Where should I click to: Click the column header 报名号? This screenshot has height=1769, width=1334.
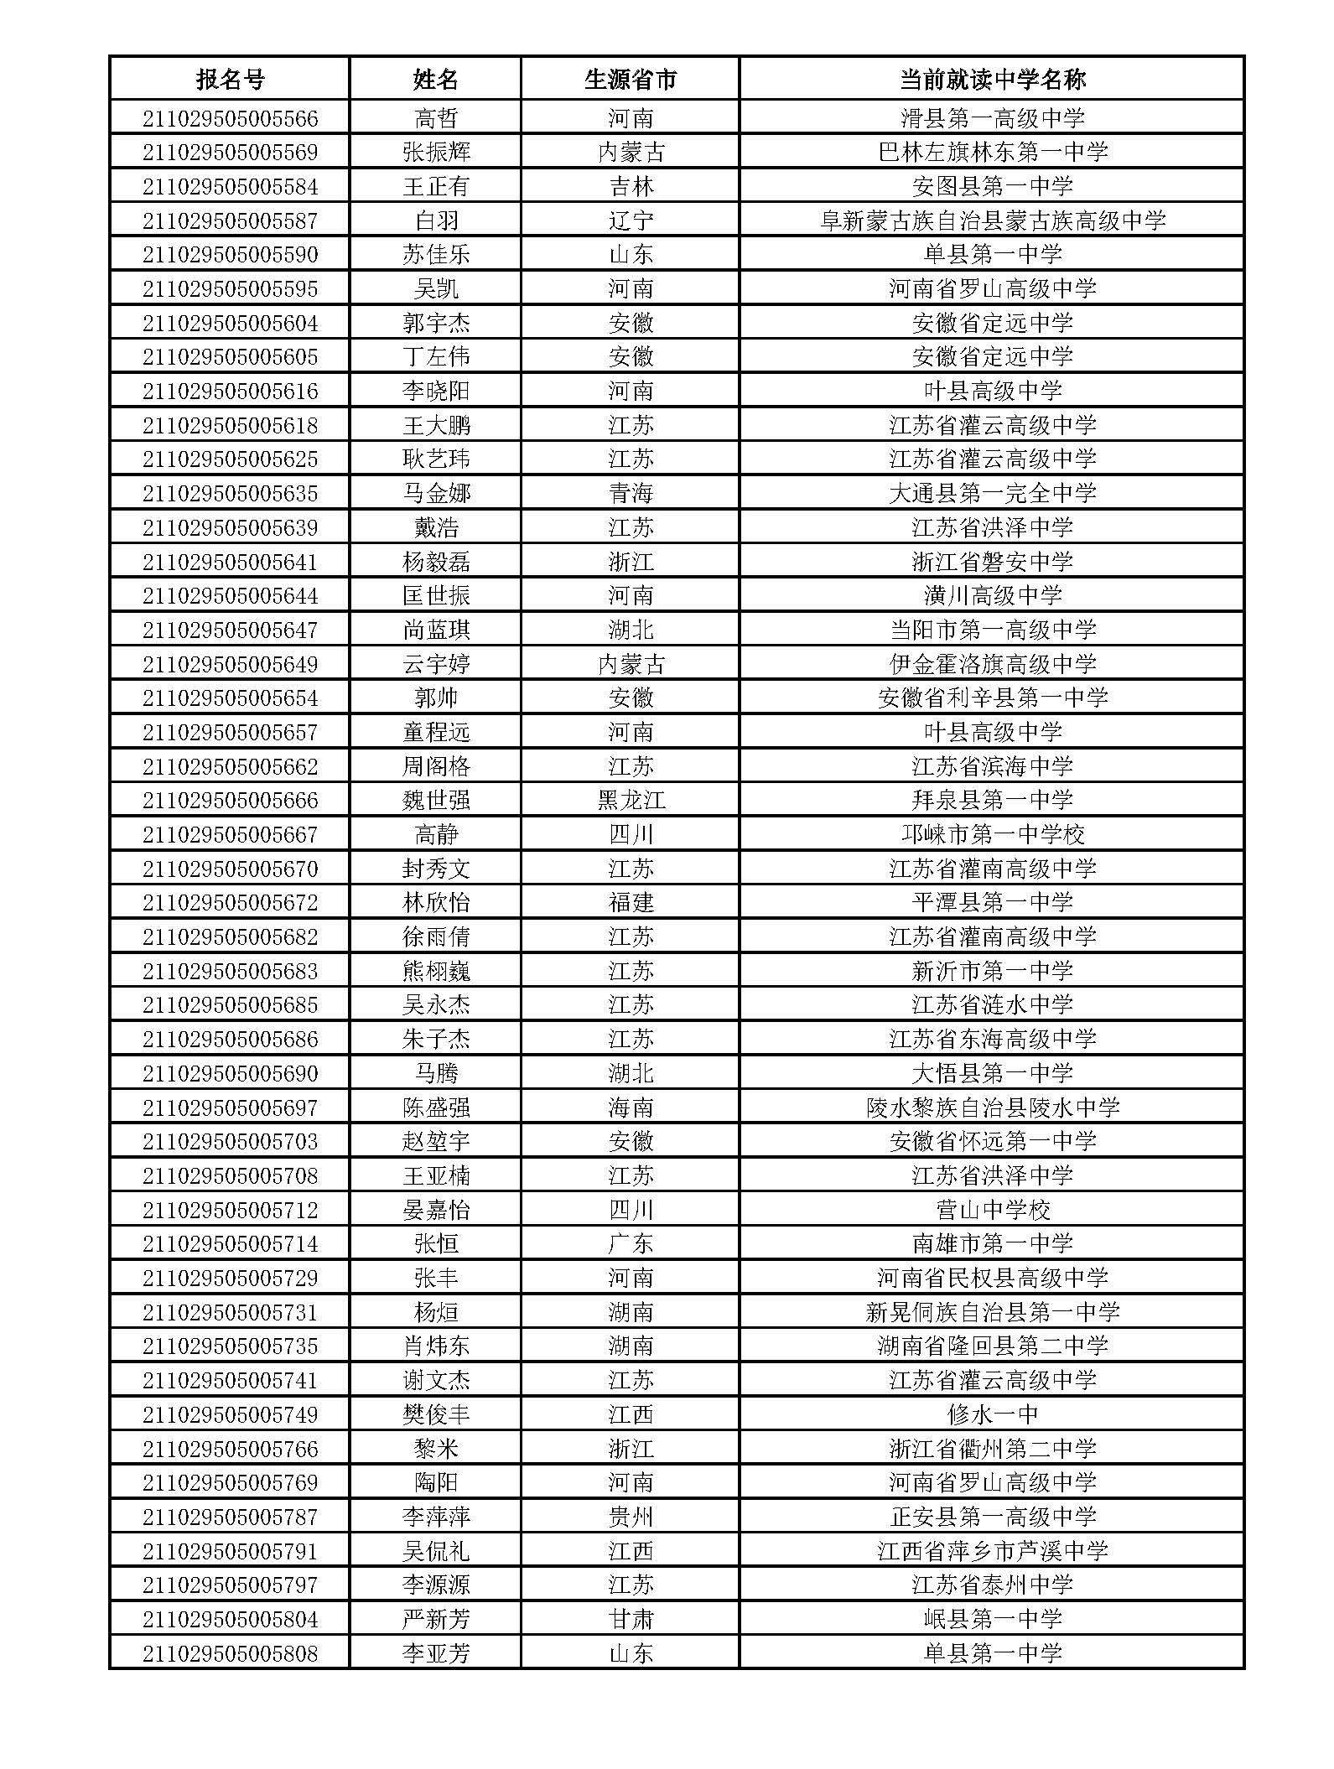(x=230, y=80)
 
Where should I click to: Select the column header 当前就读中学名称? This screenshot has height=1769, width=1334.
(x=992, y=80)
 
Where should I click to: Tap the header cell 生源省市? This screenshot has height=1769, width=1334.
(x=631, y=80)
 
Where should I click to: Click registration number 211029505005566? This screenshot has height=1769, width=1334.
(x=230, y=118)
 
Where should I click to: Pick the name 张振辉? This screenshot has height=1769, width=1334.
(x=436, y=153)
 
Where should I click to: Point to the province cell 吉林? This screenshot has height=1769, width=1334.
(x=631, y=186)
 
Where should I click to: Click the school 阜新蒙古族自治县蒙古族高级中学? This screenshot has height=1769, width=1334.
(x=992, y=220)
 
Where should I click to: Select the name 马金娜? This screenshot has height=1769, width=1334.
(x=436, y=493)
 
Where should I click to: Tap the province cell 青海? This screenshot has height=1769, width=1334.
(x=631, y=493)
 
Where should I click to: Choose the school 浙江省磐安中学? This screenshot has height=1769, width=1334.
(x=992, y=562)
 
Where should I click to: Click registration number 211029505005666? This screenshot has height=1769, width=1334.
(x=230, y=801)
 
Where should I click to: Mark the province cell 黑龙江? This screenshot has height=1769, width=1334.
(x=631, y=801)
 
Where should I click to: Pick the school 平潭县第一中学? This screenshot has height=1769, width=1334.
(x=992, y=903)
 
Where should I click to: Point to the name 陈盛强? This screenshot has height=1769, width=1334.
(x=436, y=1108)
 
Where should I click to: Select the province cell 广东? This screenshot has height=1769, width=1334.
(x=631, y=1243)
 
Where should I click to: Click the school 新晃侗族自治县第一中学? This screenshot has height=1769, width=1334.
(x=992, y=1312)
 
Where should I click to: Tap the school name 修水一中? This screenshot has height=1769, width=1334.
(x=992, y=1414)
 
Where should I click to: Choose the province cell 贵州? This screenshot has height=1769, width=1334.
(x=631, y=1517)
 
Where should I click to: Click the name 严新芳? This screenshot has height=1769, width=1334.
(x=436, y=1619)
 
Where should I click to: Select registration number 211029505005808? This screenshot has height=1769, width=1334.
(x=230, y=1653)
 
